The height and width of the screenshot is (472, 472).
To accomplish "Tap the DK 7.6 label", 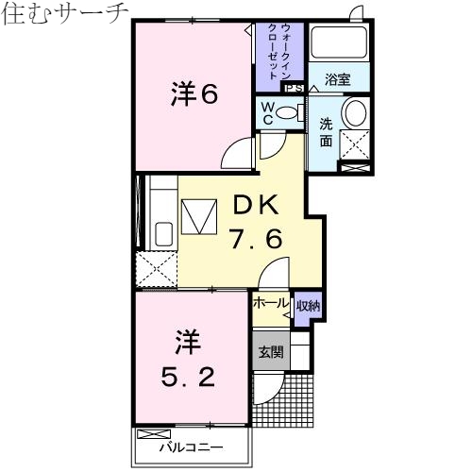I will click(x=254, y=221).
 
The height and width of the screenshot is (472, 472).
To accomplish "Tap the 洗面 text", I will click(x=326, y=133).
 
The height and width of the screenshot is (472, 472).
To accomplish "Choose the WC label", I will click(x=269, y=113).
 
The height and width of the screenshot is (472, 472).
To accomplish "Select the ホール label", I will click(x=270, y=304).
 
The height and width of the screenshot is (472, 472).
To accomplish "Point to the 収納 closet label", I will click(x=308, y=305).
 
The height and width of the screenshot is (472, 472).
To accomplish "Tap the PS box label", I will click(x=294, y=88).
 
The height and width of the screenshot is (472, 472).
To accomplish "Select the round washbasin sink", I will click(x=354, y=114).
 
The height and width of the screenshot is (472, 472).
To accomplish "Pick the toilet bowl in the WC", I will click(x=291, y=113).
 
